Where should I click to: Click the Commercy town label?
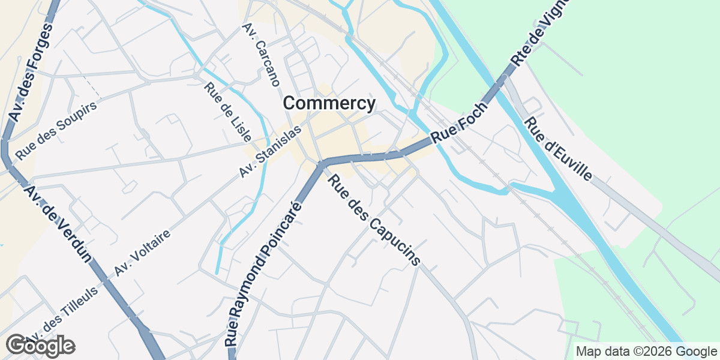329,104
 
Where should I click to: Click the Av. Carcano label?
262,55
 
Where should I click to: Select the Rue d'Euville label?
559,148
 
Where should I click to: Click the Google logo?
40,346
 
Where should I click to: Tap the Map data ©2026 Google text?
646,351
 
